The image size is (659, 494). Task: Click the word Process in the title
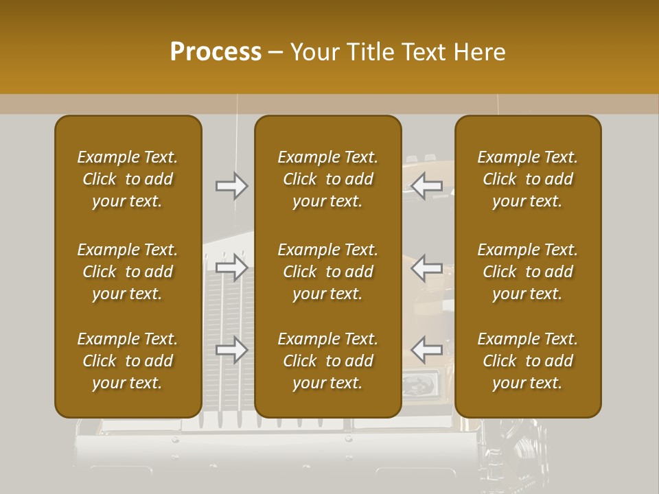tap(216, 52)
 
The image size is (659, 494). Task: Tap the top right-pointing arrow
tap(232, 185)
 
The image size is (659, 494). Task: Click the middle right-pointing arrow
tap(232, 268)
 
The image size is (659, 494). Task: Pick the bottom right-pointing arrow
tap(232, 350)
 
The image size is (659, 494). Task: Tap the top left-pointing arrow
tap(427, 185)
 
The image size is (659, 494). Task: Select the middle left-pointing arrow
tap(427, 268)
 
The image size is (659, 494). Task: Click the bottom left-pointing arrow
tap(427, 350)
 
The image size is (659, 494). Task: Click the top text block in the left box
tap(128, 179)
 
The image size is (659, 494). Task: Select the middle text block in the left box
tap(128, 272)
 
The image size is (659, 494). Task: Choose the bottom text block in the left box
tap(128, 361)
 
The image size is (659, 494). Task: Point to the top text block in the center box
tap(328, 179)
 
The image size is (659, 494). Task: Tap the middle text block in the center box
tap(328, 272)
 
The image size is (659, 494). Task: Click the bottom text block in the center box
tap(328, 361)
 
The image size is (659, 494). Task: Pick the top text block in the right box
tap(528, 179)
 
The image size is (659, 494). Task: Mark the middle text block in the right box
tap(528, 272)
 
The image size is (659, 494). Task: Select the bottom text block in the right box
tap(528, 361)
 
